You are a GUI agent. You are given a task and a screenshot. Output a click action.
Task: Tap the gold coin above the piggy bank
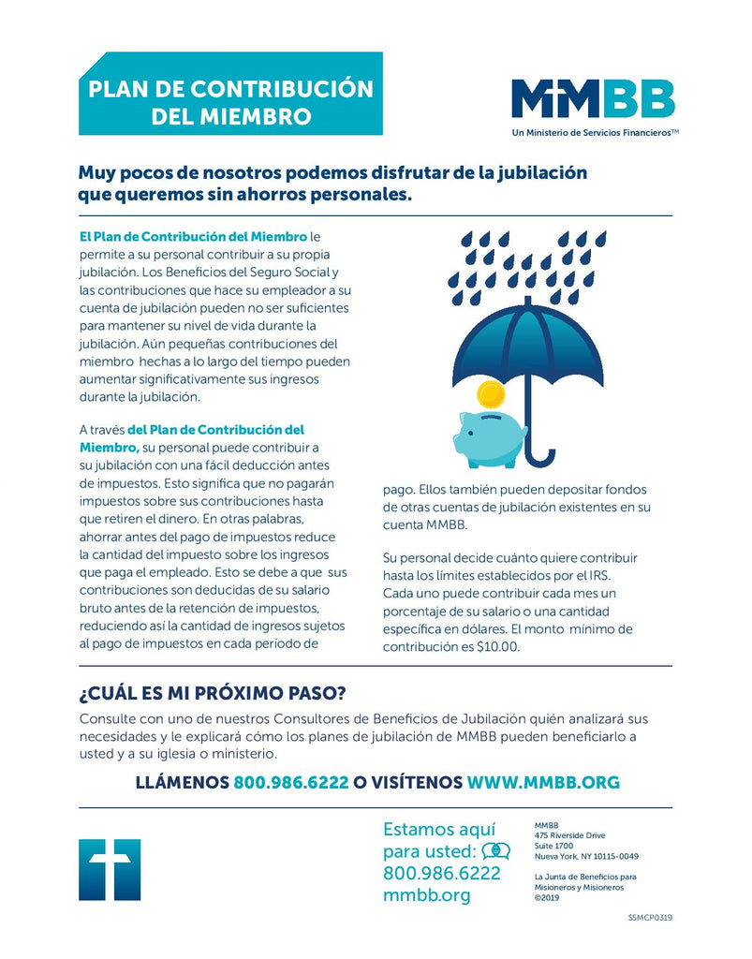tap(490, 392)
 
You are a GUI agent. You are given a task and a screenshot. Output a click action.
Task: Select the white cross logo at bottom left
tap(110, 869)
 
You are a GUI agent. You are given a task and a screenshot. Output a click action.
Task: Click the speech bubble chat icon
tap(495, 851)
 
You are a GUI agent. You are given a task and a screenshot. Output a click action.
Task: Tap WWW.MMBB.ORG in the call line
tap(543, 781)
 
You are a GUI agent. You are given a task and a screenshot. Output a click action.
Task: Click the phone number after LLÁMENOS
tap(291, 781)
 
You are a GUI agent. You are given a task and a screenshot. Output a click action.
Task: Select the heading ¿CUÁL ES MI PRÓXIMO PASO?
tap(213, 693)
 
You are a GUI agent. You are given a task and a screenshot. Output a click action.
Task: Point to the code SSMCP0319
tap(650, 917)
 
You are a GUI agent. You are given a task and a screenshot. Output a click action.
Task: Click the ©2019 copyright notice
tap(546, 896)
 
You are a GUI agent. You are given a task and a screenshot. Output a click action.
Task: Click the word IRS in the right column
tap(599, 574)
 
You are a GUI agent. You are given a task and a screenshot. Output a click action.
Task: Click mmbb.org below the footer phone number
tap(426, 895)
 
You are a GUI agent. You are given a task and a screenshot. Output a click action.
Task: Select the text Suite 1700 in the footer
tap(553, 846)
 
